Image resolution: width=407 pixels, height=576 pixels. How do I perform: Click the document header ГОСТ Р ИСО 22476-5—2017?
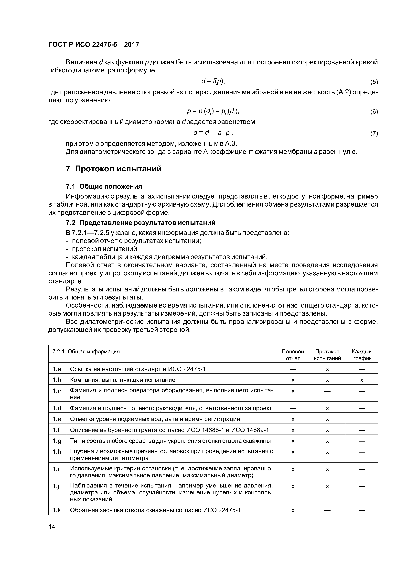point(94,45)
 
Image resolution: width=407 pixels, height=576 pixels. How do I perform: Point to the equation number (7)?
point(374,133)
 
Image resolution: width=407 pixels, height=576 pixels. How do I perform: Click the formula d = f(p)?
point(213,81)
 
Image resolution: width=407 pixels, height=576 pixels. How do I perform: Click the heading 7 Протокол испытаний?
point(114,169)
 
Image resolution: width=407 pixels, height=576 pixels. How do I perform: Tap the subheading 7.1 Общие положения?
point(104,186)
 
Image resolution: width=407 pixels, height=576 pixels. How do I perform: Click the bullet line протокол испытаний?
point(105,249)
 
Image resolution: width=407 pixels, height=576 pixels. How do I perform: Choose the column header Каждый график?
point(361,355)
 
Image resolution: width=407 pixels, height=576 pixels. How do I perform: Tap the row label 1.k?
point(57,510)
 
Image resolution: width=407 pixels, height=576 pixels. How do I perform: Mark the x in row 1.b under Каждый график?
point(361,380)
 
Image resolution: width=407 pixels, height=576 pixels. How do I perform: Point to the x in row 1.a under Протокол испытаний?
point(327,369)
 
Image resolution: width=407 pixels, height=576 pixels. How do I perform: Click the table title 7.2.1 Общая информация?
point(86,352)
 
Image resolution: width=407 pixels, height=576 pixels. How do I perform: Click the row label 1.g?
point(57,441)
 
